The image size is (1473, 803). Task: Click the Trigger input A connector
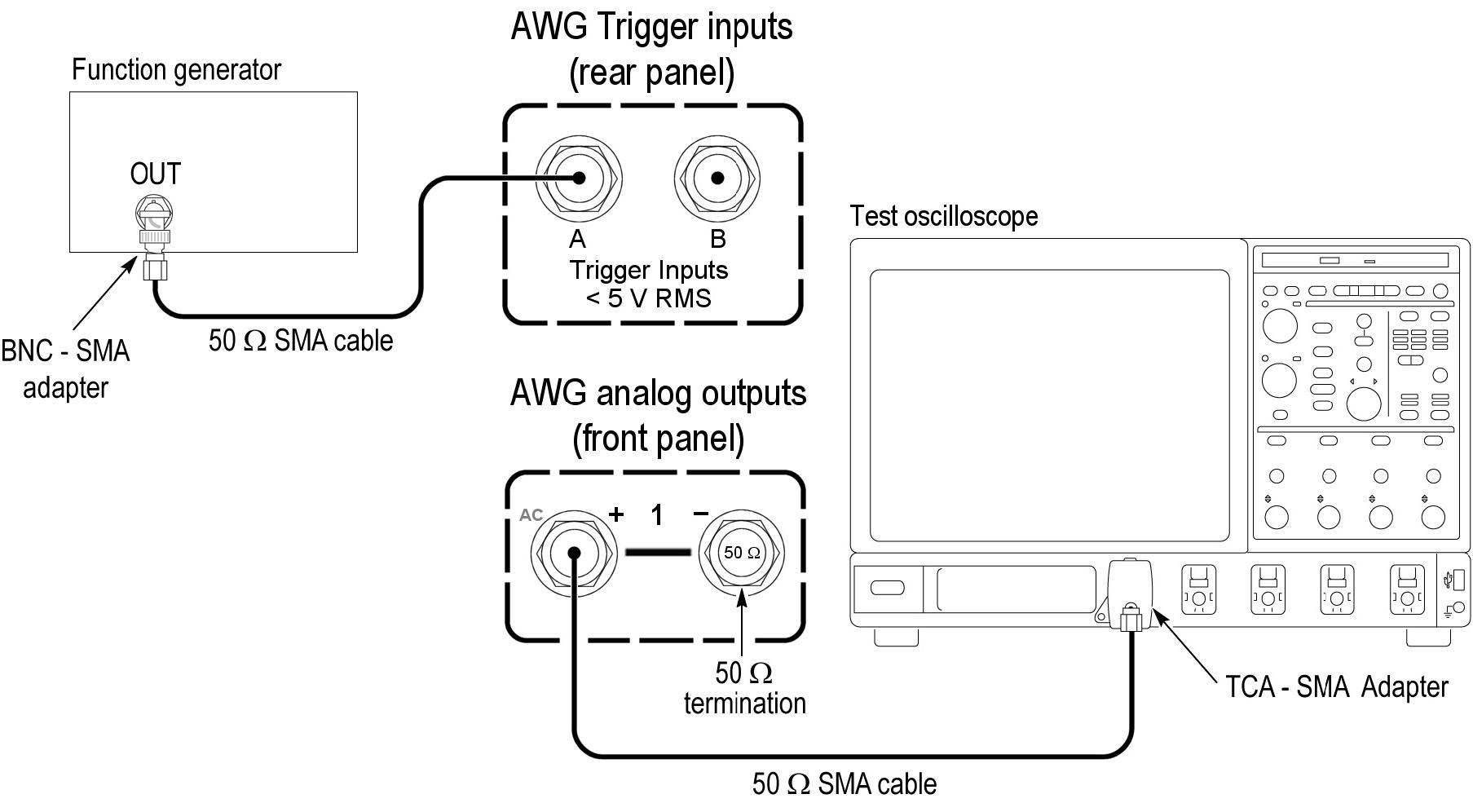pos(578,178)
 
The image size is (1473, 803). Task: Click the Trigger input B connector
pos(717,178)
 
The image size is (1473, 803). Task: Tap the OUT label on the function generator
pos(155,174)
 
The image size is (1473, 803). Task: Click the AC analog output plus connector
pos(574,553)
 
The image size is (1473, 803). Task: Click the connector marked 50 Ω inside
pos(742,553)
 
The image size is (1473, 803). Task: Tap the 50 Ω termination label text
pos(744,687)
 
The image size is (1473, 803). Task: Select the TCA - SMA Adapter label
pos(1336,686)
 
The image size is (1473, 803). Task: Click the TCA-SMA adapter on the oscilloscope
pos(1130,595)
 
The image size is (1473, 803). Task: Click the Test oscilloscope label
pos(944,216)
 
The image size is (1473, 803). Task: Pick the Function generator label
pos(176,70)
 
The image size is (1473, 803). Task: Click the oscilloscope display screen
pos(1049,405)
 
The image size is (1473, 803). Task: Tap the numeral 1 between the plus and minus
pos(657,514)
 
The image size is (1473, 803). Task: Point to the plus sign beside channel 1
pos(616,514)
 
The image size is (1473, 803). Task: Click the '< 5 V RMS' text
pos(649,298)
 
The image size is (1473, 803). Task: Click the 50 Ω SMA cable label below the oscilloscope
pos(845,784)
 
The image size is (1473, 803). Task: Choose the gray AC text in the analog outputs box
pos(531,515)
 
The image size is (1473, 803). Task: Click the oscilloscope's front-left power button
pos(888,588)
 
